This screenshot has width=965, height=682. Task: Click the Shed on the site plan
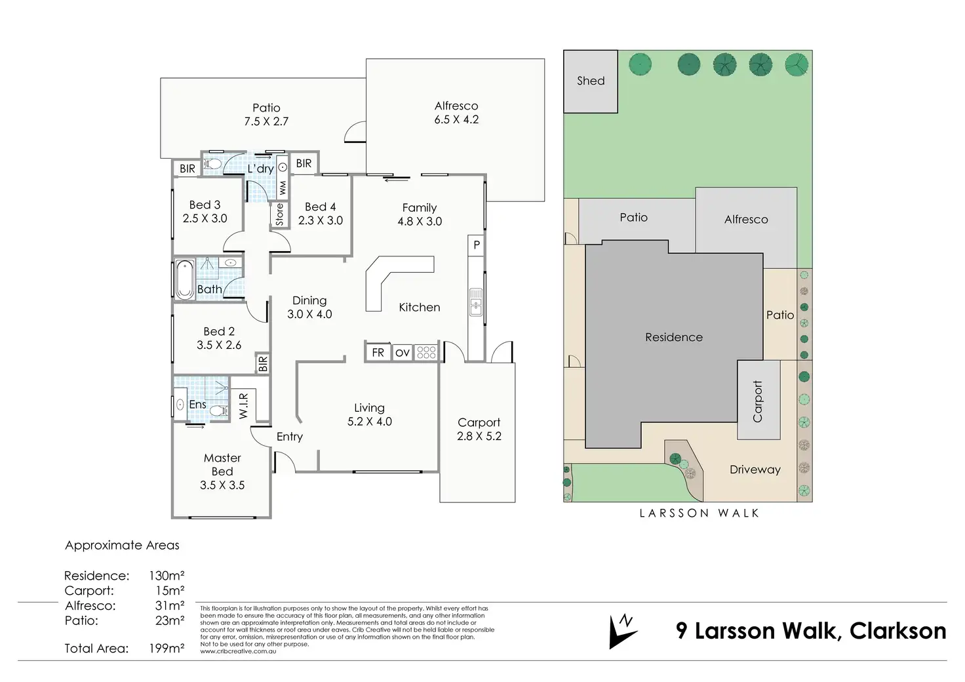tap(590, 81)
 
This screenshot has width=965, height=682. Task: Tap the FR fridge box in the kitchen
tap(378, 353)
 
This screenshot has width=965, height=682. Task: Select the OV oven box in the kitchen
tap(402, 353)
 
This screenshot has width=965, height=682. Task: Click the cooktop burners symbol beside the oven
tap(426, 353)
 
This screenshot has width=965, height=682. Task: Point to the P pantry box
tap(477, 245)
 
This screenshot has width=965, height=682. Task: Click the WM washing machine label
tap(283, 188)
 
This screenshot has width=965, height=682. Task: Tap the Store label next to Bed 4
tap(280, 214)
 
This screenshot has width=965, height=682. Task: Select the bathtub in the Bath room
tap(184, 279)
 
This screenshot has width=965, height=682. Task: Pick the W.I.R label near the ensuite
tap(243, 406)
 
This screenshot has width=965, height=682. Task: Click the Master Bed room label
tap(222, 464)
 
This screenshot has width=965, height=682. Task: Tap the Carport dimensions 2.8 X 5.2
tap(479, 436)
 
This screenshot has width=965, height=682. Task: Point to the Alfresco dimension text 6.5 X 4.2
tap(456, 119)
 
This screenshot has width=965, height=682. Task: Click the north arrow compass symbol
tap(622, 631)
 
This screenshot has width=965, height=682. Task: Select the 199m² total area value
tap(167, 649)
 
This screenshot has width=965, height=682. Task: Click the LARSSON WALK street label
tap(699, 513)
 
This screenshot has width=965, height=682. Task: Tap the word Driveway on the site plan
tap(755, 470)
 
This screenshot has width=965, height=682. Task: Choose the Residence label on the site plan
tap(673, 337)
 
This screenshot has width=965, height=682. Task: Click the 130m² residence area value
tap(167, 576)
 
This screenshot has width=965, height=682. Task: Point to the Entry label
tap(289, 437)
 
